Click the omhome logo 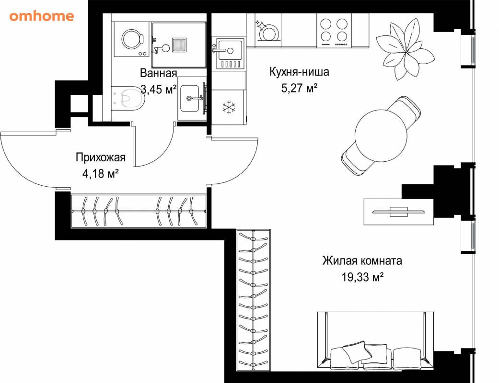tap(42, 16)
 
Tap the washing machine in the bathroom tap(132, 39)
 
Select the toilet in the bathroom tap(128, 98)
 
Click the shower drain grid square tap(179, 45)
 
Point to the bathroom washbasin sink tap(190, 98)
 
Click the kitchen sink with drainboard tap(229, 54)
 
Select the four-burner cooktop tap(334, 31)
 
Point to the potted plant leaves tap(405, 48)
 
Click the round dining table tap(381, 135)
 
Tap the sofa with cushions tap(375, 341)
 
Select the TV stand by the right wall tap(399, 212)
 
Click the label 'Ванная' tap(158, 73)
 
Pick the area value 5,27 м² tap(299, 88)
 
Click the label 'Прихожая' tap(101, 158)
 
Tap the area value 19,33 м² tap(362, 277)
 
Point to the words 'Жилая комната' tap(362, 260)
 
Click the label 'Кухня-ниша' tap(299, 72)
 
